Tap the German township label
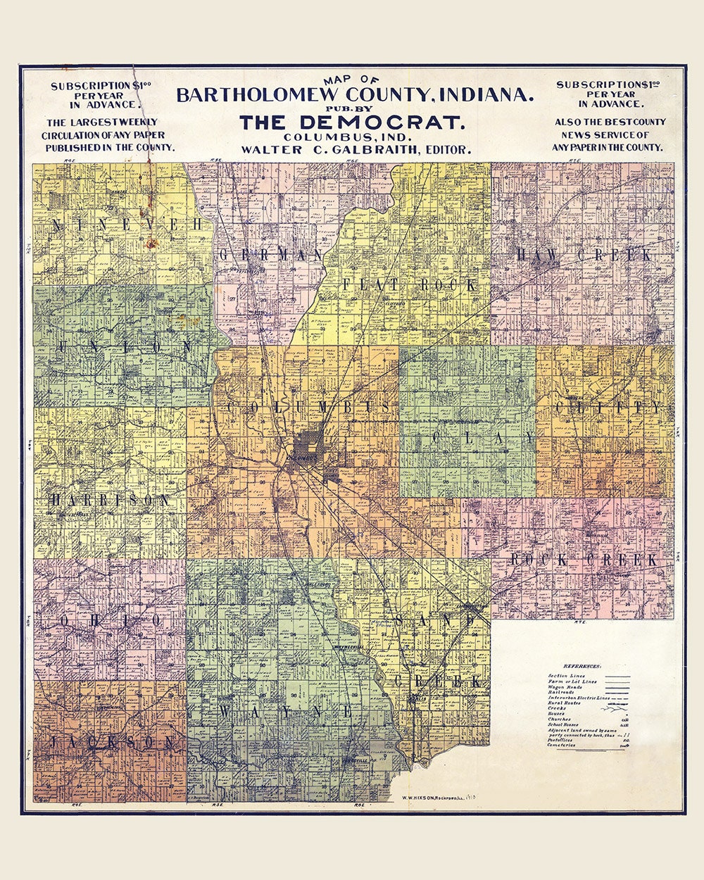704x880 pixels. click(x=271, y=255)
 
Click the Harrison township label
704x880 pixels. click(x=110, y=501)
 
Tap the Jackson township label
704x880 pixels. click(x=113, y=743)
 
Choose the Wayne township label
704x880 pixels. click(x=285, y=712)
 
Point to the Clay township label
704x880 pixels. click(x=482, y=439)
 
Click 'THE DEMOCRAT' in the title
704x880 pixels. click(x=352, y=122)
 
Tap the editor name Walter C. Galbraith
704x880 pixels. click(x=356, y=149)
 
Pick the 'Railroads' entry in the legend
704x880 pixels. click(x=561, y=692)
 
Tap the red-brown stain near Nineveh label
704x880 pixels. click(x=151, y=243)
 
